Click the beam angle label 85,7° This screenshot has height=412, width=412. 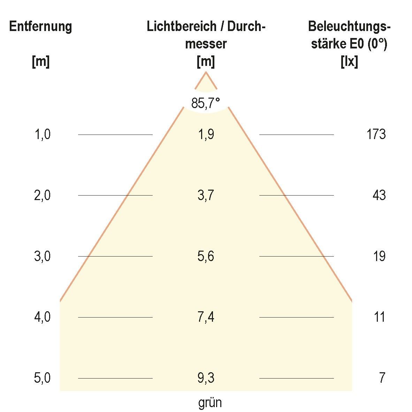[206, 103]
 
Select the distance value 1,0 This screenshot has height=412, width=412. [43, 134]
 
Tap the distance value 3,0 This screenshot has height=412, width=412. [43, 257]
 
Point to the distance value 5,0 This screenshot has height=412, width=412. [43, 378]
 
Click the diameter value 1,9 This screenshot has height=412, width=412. [206, 134]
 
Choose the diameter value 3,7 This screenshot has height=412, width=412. [206, 195]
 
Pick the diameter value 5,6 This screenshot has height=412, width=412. [206, 257]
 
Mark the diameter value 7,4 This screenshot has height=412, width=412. [206, 317]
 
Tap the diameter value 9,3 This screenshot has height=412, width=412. [206, 378]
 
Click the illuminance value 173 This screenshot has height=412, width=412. [376, 134]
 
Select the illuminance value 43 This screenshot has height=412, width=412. [379, 195]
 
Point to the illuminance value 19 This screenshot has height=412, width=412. [379, 257]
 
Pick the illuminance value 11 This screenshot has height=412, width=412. [379, 317]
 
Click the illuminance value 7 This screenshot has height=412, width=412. [382, 378]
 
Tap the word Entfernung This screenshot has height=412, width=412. [40, 26]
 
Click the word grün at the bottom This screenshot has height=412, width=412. [210, 403]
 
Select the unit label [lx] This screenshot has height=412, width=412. [349, 62]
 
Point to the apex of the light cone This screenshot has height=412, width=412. [206, 72]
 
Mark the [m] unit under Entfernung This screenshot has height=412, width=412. [40, 62]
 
